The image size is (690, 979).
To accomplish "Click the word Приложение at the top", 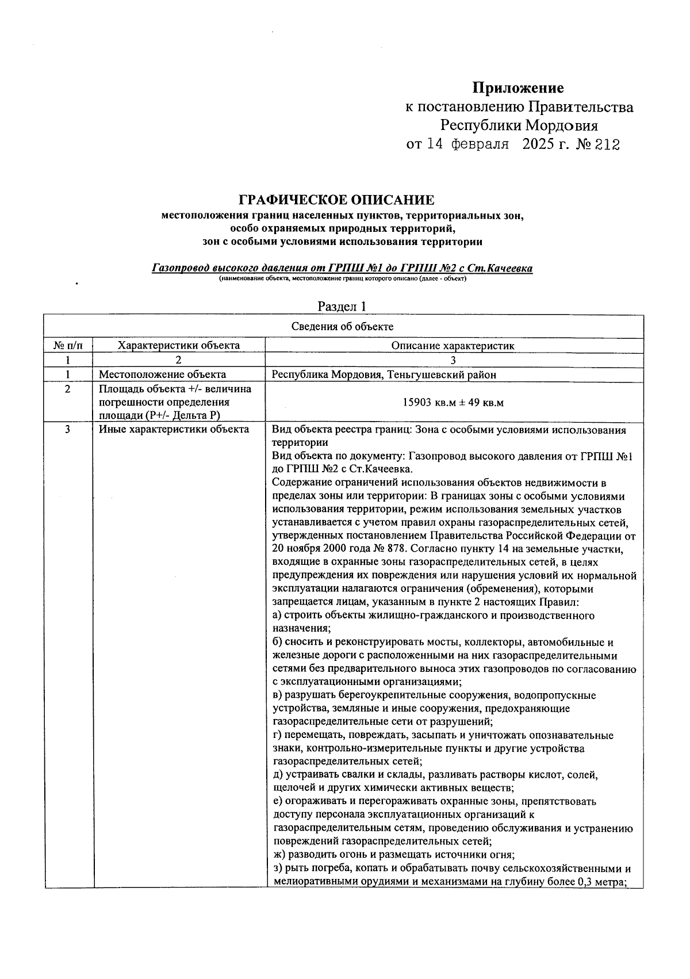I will [518, 88].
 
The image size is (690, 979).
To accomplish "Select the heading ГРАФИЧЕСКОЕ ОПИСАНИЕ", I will [336, 200].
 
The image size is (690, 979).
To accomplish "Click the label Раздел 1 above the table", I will [342, 306].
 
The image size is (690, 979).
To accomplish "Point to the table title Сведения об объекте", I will [342, 327].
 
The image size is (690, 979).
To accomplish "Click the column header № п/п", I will [68, 346].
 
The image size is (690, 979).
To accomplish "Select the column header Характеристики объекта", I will [178, 346].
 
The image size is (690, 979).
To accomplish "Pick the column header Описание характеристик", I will [453, 346].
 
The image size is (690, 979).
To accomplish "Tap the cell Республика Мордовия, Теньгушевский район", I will [384, 374].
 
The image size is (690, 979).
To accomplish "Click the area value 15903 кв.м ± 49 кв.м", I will [453, 402].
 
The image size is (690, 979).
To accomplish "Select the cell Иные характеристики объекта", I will [174, 429].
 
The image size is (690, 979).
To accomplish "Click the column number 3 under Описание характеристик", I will [453, 361].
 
